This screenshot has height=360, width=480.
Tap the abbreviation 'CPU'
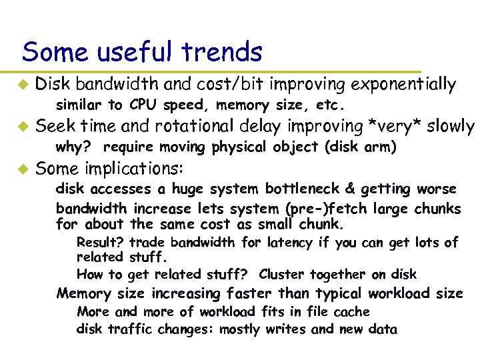pos(142,105)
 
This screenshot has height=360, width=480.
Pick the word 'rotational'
pos(193,126)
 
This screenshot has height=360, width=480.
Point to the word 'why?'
pos(73,147)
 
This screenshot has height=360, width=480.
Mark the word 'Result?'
pos(100,243)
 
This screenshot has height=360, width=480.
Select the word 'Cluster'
pos(282,274)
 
